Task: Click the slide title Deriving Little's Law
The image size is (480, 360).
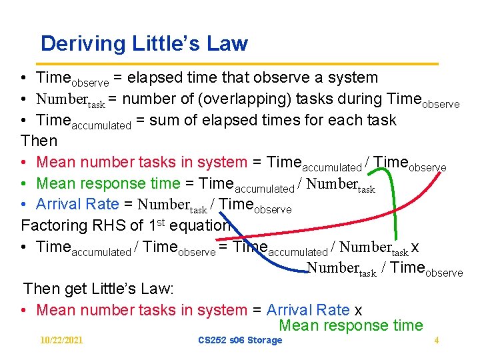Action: click(144, 44)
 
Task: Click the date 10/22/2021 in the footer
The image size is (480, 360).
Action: click(61, 341)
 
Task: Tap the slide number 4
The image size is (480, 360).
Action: click(436, 341)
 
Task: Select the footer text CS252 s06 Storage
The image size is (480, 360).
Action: click(240, 341)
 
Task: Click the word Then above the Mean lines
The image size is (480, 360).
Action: click(39, 141)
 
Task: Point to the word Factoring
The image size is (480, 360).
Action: click(55, 225)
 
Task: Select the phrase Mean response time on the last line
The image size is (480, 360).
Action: click(351, 326)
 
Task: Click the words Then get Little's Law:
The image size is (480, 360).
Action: click(99, 289)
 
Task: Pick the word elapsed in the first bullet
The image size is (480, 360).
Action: click(151, 78)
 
